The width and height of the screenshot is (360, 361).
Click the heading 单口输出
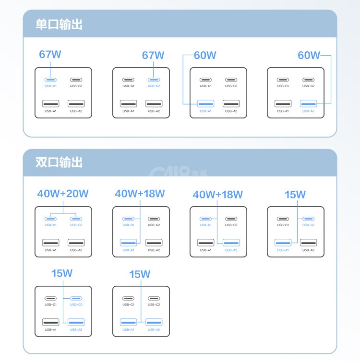59,24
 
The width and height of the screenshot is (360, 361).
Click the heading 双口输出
59,162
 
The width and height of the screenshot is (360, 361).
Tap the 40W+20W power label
63,194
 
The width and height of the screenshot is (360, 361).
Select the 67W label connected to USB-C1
50,55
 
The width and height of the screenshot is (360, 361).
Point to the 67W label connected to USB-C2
153,55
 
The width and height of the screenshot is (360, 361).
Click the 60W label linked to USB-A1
205,55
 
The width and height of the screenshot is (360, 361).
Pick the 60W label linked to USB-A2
309,55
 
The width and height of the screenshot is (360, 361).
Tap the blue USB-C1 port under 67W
50,80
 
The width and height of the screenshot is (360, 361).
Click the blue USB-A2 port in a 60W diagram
308,104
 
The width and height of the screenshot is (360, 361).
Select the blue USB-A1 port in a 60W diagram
205,104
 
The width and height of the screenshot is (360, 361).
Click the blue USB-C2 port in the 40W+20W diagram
76,219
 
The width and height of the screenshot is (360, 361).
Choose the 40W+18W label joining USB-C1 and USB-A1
140,194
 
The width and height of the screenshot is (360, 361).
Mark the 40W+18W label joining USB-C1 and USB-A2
218,195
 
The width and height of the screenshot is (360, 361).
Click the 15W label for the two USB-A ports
140,274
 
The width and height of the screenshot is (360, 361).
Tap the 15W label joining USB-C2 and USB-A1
295,195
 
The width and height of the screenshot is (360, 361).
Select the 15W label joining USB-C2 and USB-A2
62,274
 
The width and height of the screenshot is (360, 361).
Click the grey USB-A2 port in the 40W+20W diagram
76,243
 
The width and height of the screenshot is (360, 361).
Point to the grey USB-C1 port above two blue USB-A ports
128,298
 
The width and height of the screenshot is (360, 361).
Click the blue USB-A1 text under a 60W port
205,111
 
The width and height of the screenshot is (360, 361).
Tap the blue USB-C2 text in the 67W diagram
154,86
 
